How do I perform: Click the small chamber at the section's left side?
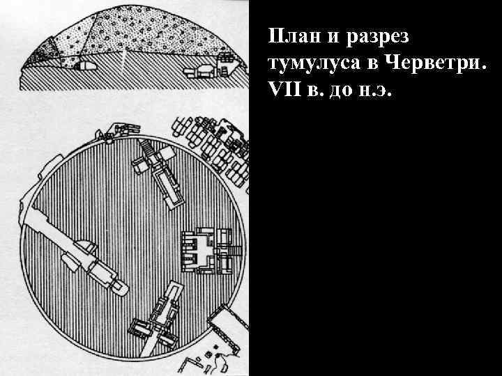tap(86, 66)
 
